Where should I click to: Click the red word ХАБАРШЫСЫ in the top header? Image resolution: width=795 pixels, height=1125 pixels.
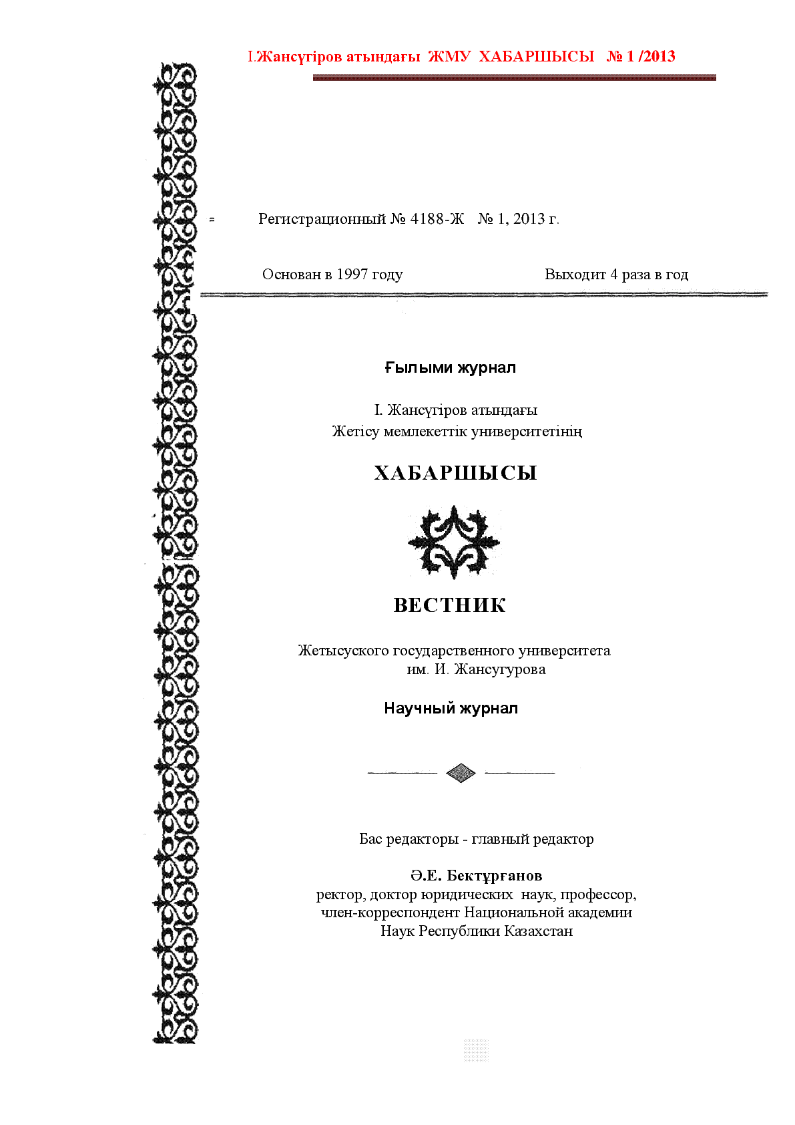pyautogui.click(x=536, y=57)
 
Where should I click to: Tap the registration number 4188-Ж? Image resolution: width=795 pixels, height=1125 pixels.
pyautogui.click(x=437, y=219)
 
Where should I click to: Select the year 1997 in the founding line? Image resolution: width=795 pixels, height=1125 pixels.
pyautogui.click(x=350, y=275)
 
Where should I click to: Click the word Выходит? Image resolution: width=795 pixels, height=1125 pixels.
pyautogui.click(x=575, y=275)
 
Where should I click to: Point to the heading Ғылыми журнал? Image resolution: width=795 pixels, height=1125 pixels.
pyautogui.click(x=450, y=368)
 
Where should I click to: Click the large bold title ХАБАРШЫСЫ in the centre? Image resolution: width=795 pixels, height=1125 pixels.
pyautogui.click(x=455, y=473)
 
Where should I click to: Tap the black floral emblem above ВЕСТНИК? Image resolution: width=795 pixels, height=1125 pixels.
pyautogui.click(x=454, y=541)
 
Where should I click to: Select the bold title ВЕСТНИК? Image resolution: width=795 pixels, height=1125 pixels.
pyautogui.click(x=450, y=605)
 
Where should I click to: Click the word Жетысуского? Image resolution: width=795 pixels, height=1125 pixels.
pyautogui.click(x=343, y=651)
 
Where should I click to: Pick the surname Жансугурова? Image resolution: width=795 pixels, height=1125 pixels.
pyautogui.click(x=499, y=669)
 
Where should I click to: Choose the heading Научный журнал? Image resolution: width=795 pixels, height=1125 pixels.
pyautogui.click(x=451, y=709)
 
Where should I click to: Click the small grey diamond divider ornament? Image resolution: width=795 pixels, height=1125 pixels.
pyautogui.click(x=461, y=773)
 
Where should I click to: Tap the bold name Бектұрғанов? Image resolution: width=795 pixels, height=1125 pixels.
pyautogui.click(x=494, y=876)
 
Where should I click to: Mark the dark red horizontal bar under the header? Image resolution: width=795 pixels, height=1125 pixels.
pyautogui.click(x=514, y=78)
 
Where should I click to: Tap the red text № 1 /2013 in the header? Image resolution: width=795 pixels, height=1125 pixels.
pyautogui.click(x=641, y=57)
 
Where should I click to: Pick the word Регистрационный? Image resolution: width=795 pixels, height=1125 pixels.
pyautogui.click(x=322, y=219)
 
